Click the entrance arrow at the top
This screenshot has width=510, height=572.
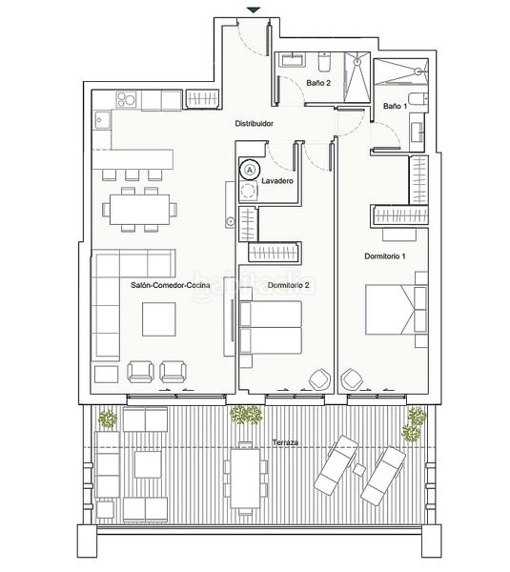coord(253,10)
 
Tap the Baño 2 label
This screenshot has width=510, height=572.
coord(318,84)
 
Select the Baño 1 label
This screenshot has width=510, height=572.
coord(395,106)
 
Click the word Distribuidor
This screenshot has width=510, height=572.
coord(255,124)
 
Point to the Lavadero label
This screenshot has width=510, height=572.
coord(276,180)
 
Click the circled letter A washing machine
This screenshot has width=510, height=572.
coord(250,169)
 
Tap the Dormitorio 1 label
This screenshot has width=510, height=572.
coord(385,256)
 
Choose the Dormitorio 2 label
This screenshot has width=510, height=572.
coord(288,285)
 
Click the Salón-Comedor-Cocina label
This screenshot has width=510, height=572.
coord(171,285)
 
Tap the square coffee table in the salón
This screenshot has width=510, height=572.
coord(160,318)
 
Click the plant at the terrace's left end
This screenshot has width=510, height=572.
coord(108,419)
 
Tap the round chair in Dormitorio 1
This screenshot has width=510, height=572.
coord(351,379)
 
